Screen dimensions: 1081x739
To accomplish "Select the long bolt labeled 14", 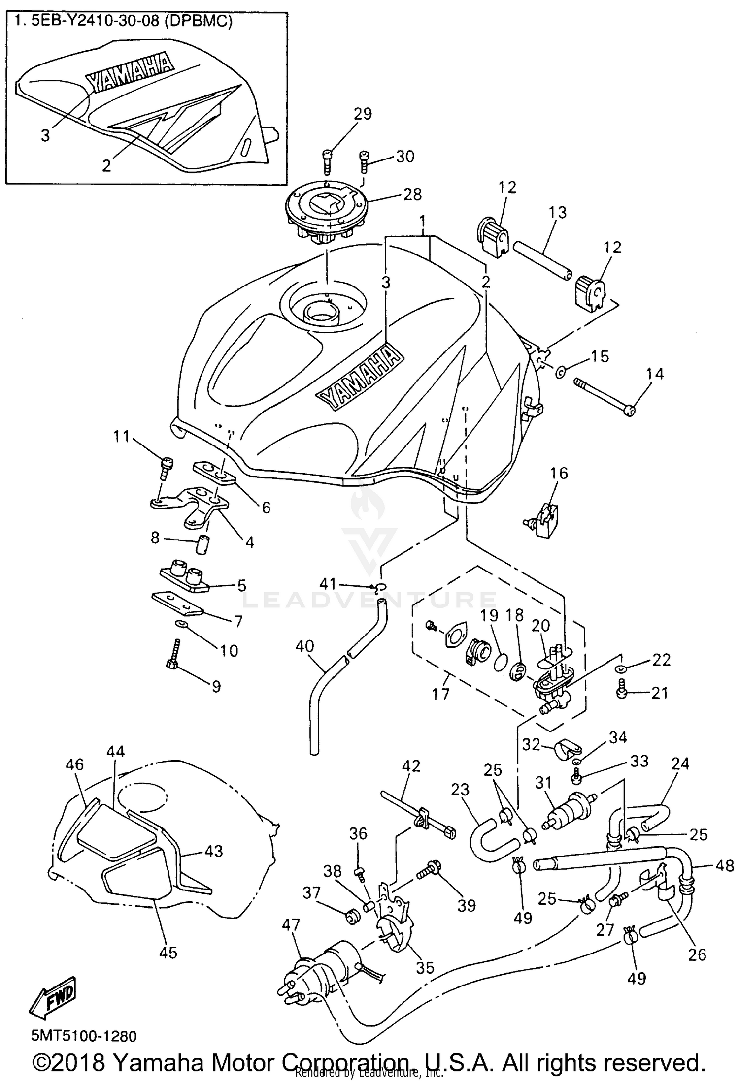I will pos(604,395).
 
